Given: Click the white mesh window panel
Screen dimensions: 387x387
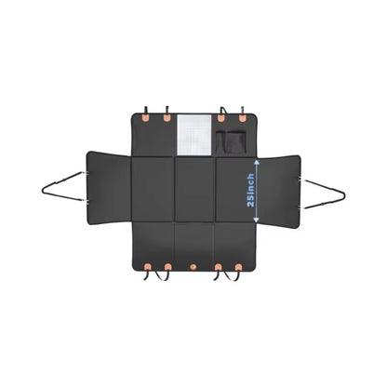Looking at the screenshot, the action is click(x=194, y=135).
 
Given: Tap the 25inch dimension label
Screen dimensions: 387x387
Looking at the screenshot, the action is click(x=250, y=190).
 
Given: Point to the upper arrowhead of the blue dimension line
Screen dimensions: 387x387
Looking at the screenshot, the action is click(x=257, y=162).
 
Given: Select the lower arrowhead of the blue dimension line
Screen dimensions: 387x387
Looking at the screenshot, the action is click(x=256, y=220).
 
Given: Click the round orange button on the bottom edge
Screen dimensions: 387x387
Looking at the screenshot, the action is click(x=193, y=267).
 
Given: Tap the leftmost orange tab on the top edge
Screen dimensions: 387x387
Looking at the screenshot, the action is click(x=145, y=117).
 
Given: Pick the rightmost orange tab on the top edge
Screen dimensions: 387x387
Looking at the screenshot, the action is click(x=242, y=118).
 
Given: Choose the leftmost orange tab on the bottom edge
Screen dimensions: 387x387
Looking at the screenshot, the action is click(x=148, y=267).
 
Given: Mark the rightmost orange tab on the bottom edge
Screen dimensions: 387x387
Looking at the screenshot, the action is click(x=238, y=267).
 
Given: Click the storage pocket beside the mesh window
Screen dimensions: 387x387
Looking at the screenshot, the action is click(x=232, y=142).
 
